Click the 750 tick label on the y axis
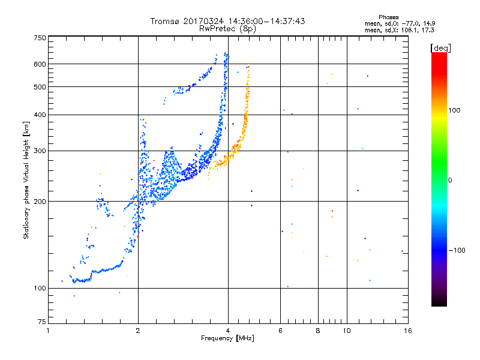point(40,38)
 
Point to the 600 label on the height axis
point(40,64)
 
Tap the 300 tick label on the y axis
point(40,151)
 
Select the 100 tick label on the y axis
point(40,288)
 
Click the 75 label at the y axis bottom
point(42,322)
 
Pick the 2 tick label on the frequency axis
point(138,331)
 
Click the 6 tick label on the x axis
point(280,331)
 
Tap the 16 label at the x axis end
point(408,331)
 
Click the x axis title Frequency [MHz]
point(227,338)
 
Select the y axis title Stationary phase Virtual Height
point(26,180)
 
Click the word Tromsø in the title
point(165,21)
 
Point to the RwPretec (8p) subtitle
point(227,29)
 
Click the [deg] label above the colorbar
point(440,49)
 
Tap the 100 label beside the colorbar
point(454,110)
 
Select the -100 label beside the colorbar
point(457,250)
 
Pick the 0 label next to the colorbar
point(450,181)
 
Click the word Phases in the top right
point(388,17)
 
